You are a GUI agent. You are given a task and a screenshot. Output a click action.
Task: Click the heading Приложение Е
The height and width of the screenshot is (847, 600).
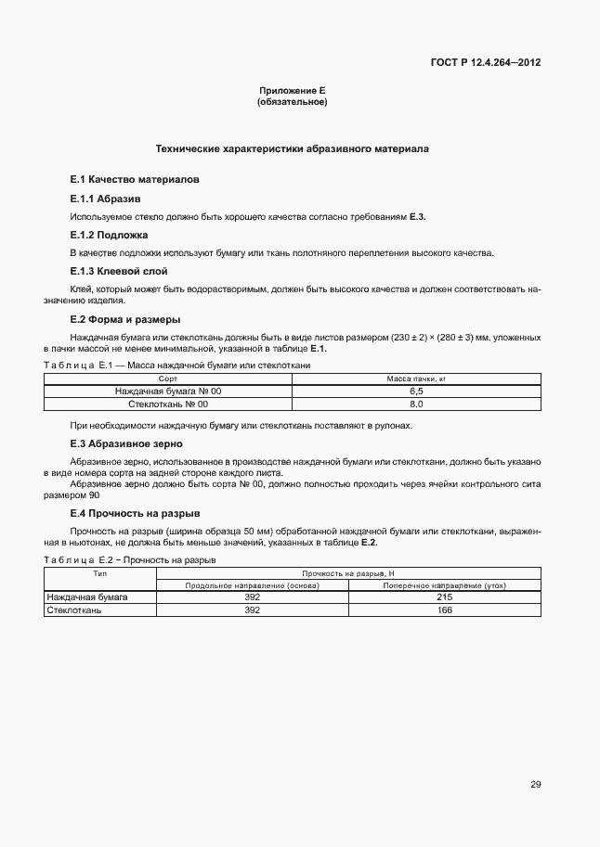(x=292, y=91)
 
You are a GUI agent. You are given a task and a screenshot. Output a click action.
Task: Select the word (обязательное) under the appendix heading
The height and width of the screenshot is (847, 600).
(x=292, y=102)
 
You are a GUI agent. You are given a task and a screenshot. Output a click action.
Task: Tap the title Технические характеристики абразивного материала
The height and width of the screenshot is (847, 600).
(x=292, y=148)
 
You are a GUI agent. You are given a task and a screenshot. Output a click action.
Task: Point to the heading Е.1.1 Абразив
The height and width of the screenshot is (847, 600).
(x=105, y=199)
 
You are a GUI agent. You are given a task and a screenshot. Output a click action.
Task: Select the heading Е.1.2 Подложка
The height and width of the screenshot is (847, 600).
(x=109, y=236)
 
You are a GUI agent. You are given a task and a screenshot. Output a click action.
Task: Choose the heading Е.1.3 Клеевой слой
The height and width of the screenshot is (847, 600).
(x=117, y=272)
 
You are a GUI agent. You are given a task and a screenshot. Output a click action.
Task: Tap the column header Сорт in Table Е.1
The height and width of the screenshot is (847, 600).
(x=168, y=379)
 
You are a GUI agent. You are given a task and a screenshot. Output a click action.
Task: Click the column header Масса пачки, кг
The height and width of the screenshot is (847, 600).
(x=416, y=379)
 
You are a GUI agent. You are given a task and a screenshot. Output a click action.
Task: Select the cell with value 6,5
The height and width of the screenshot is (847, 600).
(x=416, y=391)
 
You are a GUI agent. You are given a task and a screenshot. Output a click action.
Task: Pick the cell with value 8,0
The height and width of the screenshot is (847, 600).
(x=416, y=404)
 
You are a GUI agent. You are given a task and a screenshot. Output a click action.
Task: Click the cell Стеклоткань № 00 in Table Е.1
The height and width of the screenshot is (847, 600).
(x=168, y=404)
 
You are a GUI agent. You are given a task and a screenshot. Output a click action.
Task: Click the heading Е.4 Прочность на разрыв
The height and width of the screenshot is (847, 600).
(x=135, y=513)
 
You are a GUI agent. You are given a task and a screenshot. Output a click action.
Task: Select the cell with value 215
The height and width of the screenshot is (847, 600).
(x=443, y=597)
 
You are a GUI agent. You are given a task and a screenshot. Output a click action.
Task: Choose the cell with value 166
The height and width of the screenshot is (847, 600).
(x=443, y=610)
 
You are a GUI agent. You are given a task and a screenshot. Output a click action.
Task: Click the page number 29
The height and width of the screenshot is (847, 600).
(x=535, y=785)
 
